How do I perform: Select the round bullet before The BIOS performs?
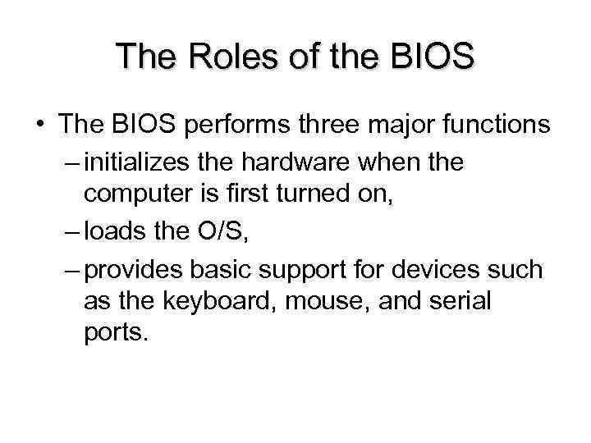(x=39, y=126)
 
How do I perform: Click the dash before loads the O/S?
(x=71, y=233)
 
